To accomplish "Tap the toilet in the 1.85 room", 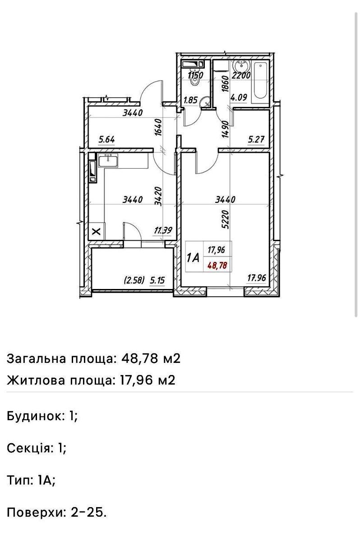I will [x=195, y=78].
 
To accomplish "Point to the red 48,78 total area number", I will [x=217, y=266].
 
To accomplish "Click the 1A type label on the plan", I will [x=193, y=257].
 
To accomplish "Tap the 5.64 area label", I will [x=107, y=139].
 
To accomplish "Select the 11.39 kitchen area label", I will [x=163, y=231].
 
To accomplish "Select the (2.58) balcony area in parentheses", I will [x=134, y=280].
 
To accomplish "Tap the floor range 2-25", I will [x=88, y=512].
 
